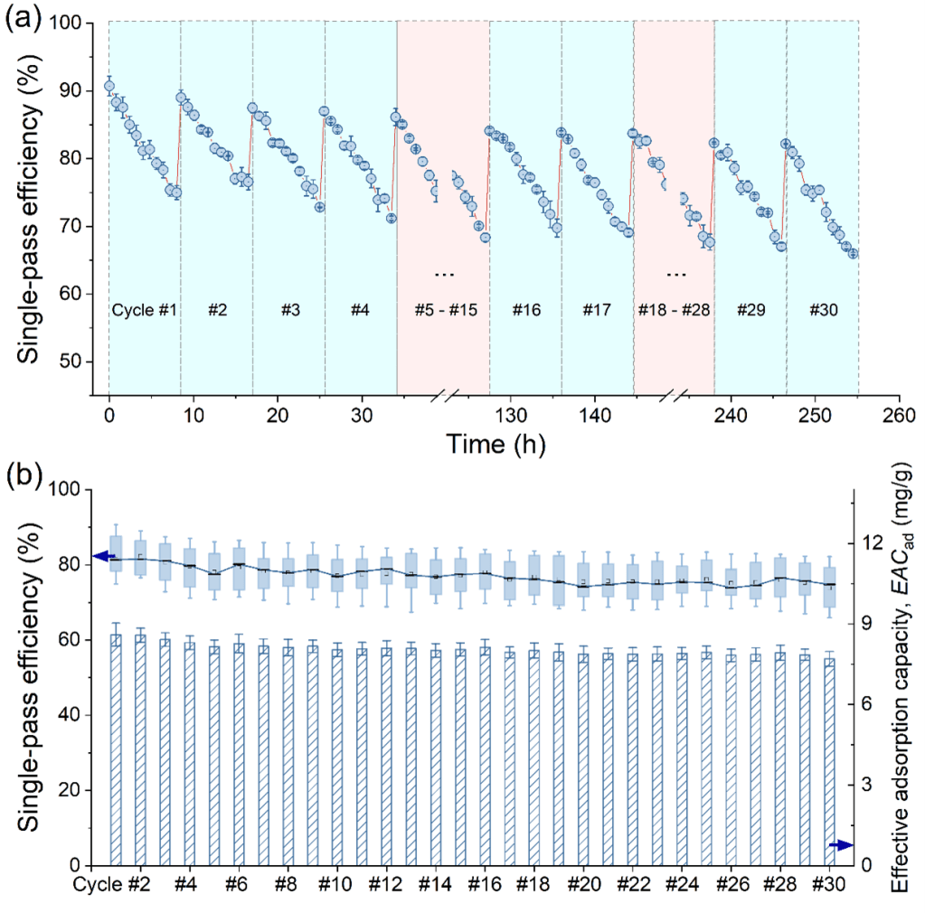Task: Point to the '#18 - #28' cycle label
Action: tap(674, 310)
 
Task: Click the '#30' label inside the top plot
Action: tap(823, 310)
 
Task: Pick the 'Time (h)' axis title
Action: tap(494, 444)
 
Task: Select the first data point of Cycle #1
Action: tap(109, 87)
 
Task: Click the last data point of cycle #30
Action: tap(853, 253)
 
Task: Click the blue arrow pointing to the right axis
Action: tap(841, 844)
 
